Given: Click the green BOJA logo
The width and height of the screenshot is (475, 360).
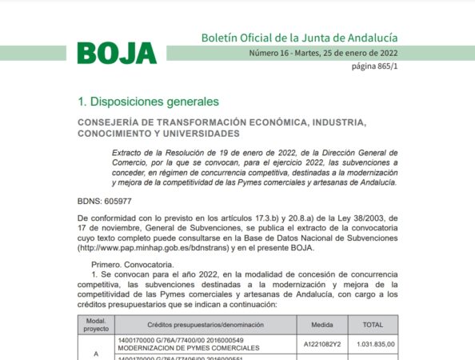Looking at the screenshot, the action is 117,53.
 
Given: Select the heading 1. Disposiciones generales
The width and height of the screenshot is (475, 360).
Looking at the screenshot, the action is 147,102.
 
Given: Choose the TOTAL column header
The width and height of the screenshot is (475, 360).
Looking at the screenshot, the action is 373,324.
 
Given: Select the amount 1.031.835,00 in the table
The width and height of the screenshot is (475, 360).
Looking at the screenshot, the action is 373,345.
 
